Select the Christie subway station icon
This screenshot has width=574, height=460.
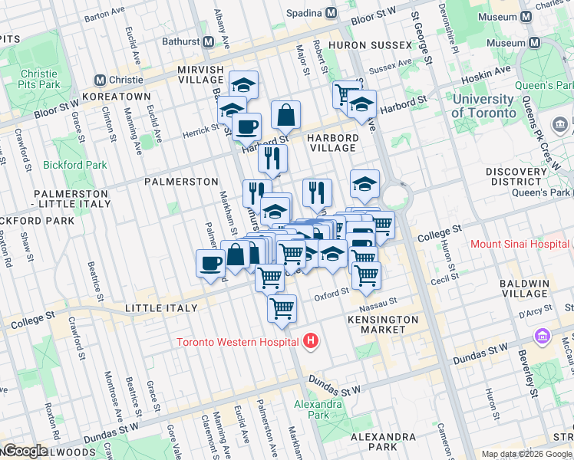[x=99, y=80]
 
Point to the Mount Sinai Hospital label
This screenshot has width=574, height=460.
[x=520, y=245]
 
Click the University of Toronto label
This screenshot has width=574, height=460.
[x=484, y=106]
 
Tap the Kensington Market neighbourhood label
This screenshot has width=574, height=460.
[x=383, y=324]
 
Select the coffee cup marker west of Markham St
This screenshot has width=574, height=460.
[x=209, y=264]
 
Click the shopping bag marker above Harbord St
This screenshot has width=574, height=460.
[x=285, y=115]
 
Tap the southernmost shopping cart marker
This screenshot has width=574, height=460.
[x=282, y=308]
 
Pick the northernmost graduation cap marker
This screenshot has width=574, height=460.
[x=243, y=84]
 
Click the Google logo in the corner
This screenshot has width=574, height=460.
[x=25, y=451]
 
